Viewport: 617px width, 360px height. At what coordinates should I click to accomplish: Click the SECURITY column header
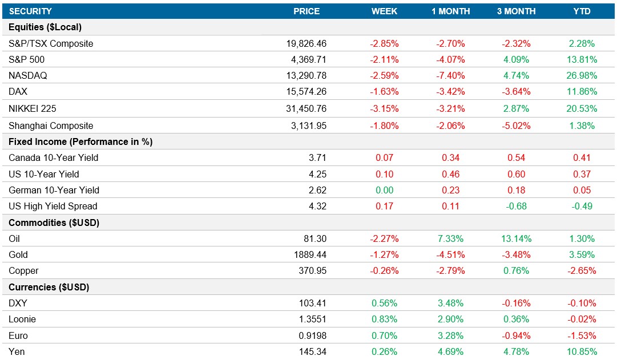click(x=30, y=11)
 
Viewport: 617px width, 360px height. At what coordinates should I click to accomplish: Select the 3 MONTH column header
click(x=516, y=11)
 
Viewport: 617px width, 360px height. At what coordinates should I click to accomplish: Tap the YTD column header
click(x=582, y=11)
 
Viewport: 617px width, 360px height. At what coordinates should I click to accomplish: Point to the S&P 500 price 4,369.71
click(x=306, y=59)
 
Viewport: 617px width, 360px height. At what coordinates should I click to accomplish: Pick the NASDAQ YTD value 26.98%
click(x=582, y=75)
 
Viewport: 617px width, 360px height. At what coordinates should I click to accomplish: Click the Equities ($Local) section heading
click(x=46, y=27)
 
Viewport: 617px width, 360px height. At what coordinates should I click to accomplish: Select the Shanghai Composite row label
click(x=51, y=126)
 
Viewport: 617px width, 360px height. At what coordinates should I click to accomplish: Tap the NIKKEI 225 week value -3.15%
click(x=385, y=108)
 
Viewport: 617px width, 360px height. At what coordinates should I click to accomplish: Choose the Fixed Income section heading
click(x=80, y=141)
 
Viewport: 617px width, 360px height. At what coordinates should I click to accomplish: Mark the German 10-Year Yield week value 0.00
click(x=385, y=190)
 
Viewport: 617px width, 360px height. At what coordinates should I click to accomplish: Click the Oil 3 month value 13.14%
click(x=516, y=238)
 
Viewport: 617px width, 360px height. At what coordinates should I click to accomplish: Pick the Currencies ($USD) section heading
click(x=49, y=287)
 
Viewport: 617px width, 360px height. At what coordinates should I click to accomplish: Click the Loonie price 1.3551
click(x=312, y=319)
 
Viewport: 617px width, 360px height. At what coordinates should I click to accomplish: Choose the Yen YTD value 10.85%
click(x=582, y=351)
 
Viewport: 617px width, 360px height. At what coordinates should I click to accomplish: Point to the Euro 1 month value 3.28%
click(x=450, y=335)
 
